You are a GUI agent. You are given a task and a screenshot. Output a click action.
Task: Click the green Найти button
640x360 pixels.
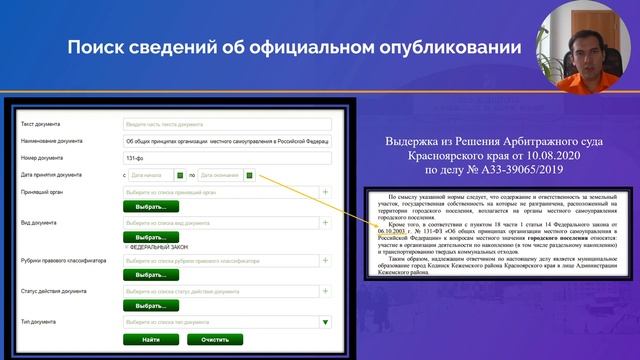click(151, 340)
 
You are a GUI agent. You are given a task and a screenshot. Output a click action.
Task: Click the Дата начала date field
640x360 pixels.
click(150, 175)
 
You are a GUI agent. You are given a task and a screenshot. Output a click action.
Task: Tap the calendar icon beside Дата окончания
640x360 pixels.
click(249, 175)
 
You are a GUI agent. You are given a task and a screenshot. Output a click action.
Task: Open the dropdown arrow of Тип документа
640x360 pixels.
click(326, 323)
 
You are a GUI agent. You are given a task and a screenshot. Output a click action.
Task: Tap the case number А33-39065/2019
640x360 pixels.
click(482, 171)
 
